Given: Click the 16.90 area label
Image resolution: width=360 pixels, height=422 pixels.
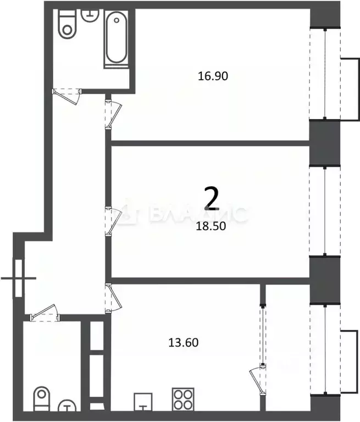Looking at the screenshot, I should click(212, 76).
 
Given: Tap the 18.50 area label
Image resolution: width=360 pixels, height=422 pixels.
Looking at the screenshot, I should click(212, 224).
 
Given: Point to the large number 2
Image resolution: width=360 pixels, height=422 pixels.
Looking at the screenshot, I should click(212, 199).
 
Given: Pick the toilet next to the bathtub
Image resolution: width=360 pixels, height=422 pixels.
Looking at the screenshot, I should click(68, 25).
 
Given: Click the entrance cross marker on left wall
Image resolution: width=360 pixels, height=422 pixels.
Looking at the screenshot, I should click(19, 278).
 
